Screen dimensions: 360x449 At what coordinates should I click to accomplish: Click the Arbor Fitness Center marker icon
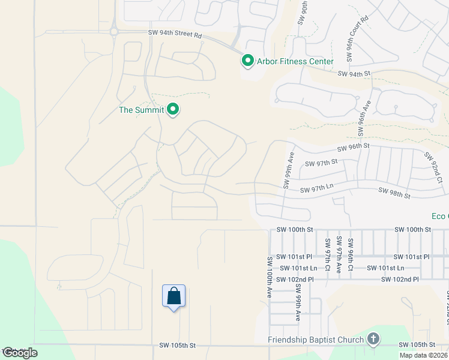[x=247, y=61]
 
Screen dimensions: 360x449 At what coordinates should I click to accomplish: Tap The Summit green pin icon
[x=173, y=110]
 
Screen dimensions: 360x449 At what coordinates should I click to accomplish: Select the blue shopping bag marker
[x=173, y=296]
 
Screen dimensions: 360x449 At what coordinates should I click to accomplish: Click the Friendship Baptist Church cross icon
[x=373, y=340]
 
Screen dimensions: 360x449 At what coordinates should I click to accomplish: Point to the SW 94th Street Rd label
[x=175, y=35]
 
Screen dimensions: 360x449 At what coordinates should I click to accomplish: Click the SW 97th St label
[x=322, y=162]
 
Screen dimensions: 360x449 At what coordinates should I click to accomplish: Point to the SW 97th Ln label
[x=316, y=188]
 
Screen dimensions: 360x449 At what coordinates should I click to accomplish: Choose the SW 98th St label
[x=394, y=193]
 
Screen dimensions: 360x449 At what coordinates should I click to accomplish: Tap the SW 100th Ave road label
[x=271, y=277]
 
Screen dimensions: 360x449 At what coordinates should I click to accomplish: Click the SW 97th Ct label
[x=328, y=254]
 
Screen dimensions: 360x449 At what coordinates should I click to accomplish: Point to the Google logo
[x=20, y=353]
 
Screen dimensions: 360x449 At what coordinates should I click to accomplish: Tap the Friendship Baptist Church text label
[x=316, y=340]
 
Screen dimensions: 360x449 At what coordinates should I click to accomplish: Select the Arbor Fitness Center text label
[x=295, y=61]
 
